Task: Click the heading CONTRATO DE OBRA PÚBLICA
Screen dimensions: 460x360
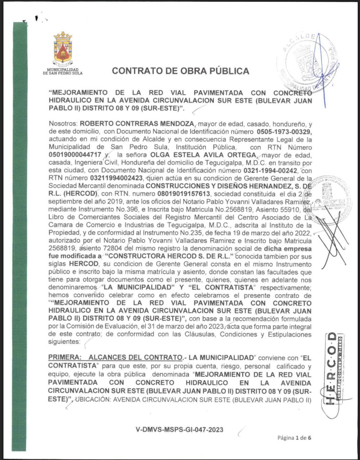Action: [180, 71]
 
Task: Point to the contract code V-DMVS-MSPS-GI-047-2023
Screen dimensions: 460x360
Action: [179, 430]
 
